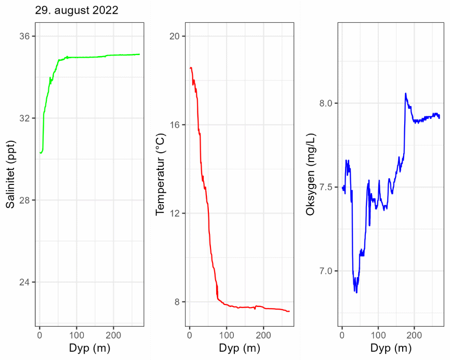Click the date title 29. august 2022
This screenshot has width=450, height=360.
click(77, 10)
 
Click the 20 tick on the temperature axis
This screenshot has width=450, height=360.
click(175, 36)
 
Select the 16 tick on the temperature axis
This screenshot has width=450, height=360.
click(175, 125)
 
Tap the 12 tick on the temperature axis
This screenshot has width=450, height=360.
click(175, 214)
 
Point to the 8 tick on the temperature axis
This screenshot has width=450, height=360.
click(177, 302)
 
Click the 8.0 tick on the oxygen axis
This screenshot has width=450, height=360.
click(326, 103)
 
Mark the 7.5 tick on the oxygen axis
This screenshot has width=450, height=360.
click(326, 187)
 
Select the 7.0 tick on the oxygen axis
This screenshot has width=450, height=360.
click(326, 271)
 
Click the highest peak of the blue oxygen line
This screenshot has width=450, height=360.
click(405, 94)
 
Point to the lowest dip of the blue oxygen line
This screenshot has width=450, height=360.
click(356, 292)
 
